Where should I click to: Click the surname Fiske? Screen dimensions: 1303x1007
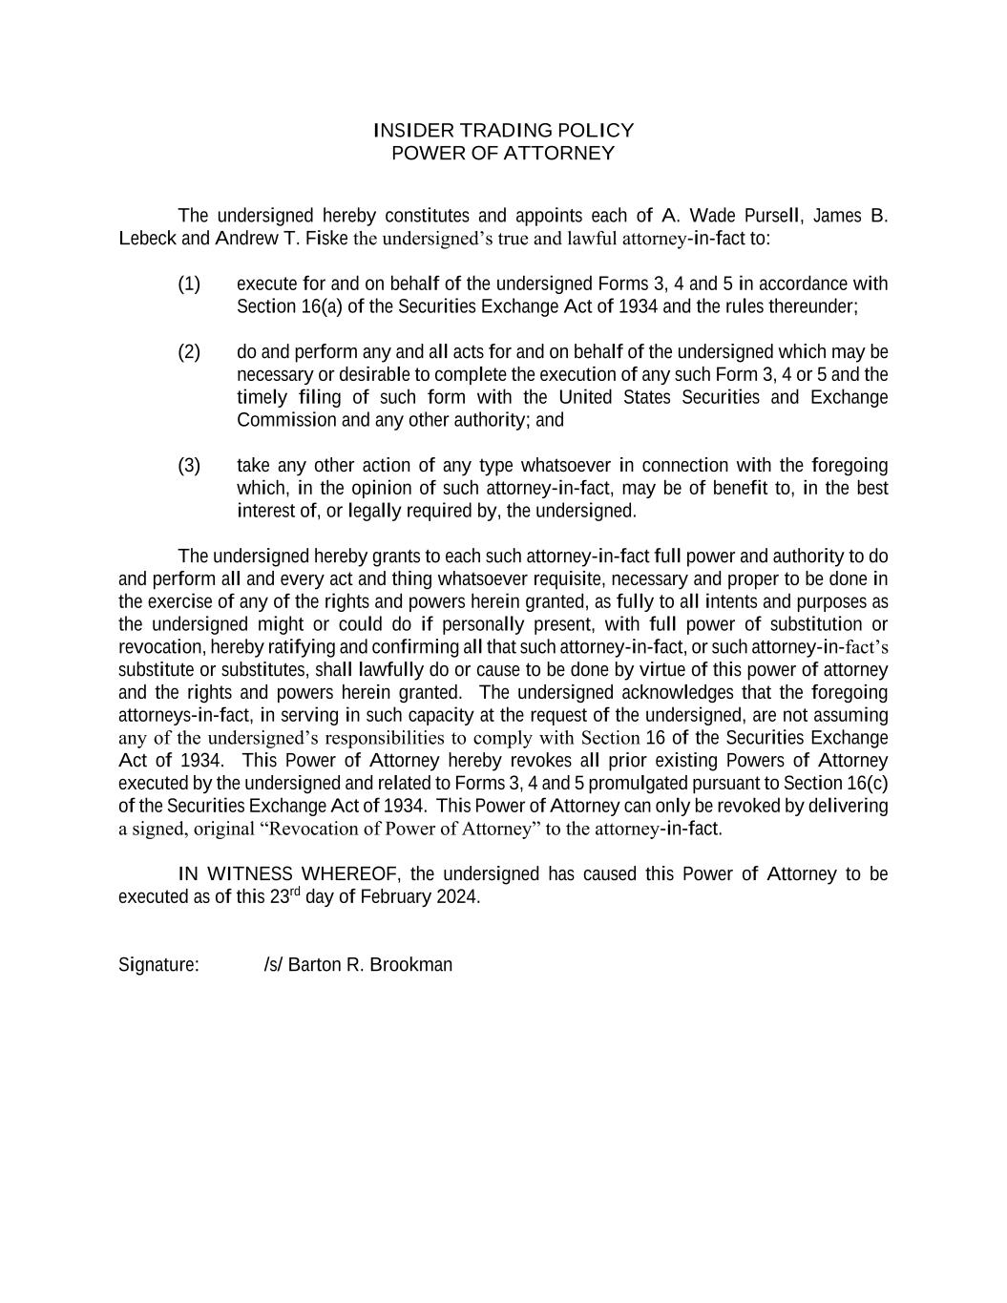point(326,238)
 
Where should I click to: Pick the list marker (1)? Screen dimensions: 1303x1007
point(189,284)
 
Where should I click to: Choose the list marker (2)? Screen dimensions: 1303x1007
point(189,351)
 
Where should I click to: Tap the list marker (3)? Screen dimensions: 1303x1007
point(189,465)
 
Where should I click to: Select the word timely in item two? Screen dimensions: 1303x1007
point(262,397)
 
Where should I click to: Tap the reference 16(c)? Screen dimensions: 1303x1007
point(868,783)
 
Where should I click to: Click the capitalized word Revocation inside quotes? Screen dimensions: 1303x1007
point(312,829)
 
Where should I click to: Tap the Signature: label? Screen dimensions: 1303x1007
point(158,964)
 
